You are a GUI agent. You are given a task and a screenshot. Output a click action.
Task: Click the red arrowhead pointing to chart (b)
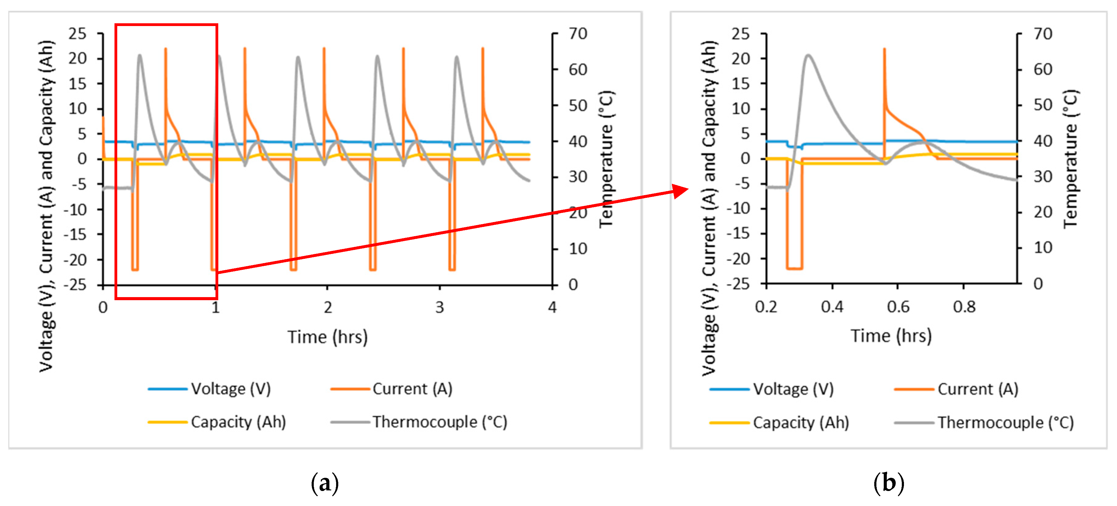681,191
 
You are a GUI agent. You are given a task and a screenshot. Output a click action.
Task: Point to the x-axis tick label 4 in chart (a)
552,307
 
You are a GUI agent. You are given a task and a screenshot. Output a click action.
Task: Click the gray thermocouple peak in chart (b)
808,55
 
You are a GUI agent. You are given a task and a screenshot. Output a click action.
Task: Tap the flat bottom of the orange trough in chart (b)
794,269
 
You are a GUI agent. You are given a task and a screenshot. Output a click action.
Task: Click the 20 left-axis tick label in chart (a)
78,58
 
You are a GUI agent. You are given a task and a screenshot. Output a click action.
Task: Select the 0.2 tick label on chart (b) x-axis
766,307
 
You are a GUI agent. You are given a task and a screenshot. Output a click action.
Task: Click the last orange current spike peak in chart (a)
483,49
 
